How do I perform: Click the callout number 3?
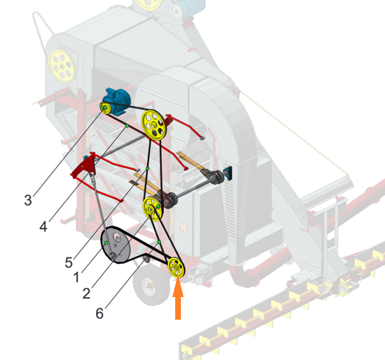click(x=28, y=200)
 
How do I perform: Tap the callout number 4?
click(x=44, y=226)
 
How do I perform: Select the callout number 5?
click(x=69, y=262)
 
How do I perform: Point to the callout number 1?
click(x=76, y=277)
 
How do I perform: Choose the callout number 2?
click(x=86, y=294)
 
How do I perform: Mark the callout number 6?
click(x=100, y=313)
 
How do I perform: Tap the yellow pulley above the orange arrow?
click(x=177, y=267)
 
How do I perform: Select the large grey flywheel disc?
click(x=115, y=245)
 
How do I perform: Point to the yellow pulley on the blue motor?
click(x=105, y=108)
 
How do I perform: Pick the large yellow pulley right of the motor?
click(x=154, y=125)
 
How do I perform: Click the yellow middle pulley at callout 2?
click(x=153, y=209)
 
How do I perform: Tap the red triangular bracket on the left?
click(x=83, y=167)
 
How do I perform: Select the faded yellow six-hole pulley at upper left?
click(x=62, y=66)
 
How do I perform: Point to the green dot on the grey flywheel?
click(x=107, y=243)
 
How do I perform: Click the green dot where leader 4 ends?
click(x=127, y=126)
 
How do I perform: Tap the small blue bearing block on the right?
click(x=228, y=173)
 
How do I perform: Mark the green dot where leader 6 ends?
click(x=159, y=242)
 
